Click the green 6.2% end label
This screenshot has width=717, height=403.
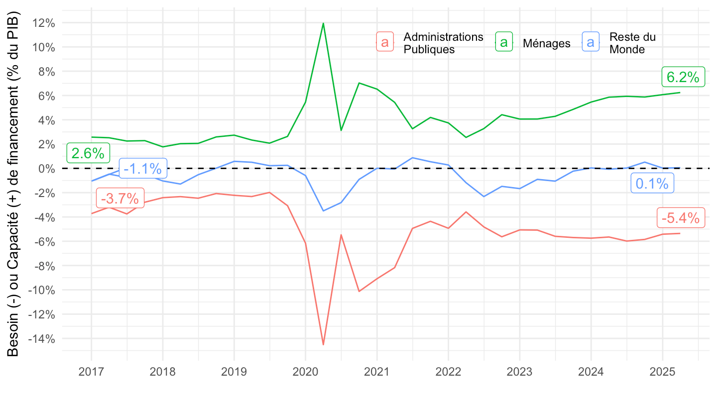pyautogui.click(x=683, y=77)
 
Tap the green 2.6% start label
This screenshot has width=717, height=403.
pyautogui.click(x=88, y=153)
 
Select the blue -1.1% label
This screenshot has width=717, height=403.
pyautogui.click(x=143, y=169)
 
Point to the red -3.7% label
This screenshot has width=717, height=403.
pyautogui.click(x=119, y=199)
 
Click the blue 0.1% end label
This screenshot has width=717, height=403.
pyautogui.click(x=652, y=184)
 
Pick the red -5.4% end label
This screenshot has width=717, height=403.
pyautogui.click(x=681, y=218)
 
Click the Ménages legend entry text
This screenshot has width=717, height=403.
pyautogui.click(x=546, y=43)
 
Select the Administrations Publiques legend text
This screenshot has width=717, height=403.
pyautogui.click(x=443, y=43)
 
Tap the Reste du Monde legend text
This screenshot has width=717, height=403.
pyautogui.click(x=632, y=43)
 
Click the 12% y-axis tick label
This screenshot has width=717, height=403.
pyautogui.click(x=45, y=23)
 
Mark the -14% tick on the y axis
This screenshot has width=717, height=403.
pyautogui.click(x=43, y=339)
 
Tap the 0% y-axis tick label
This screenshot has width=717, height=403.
pyautogui.click(x=48, y=168)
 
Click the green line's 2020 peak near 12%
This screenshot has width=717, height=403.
pyautogui.click(x=323, y=23)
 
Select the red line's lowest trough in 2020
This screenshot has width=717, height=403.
pyautogui.click(x=323, y=344)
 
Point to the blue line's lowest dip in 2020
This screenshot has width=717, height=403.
pyautogui.click(x=323, y=211)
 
